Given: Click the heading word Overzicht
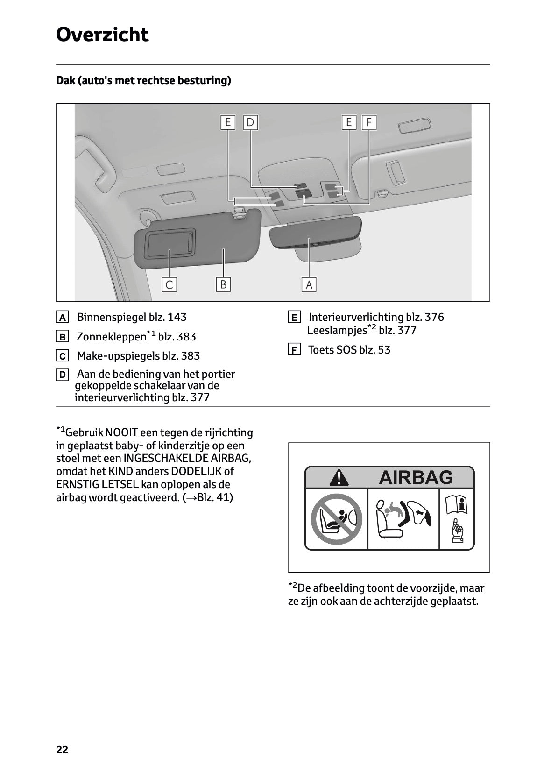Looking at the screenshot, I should coord(102,35).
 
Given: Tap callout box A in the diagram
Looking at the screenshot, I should coord(309,284).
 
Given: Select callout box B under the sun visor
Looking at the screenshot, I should coord(223,284).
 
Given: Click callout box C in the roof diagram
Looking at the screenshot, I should coord(170,284).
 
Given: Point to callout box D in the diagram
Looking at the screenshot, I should coord(251,122).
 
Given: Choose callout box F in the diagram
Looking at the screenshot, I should coord(369,122).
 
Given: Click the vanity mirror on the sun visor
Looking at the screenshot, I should coord(170,243).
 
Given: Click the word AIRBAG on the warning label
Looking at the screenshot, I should coord(416,477).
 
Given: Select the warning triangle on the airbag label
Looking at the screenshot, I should coord(339,478).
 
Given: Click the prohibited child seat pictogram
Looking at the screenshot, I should coord(337,519).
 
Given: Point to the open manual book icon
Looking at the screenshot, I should coord(456,505).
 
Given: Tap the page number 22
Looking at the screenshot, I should coord(62,750).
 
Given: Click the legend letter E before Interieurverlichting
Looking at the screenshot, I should coord(294,318).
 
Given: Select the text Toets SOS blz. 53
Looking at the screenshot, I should coord(349,350).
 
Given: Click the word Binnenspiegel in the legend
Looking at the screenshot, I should coord(111,317).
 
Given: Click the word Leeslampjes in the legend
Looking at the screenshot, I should coord(336,330).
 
